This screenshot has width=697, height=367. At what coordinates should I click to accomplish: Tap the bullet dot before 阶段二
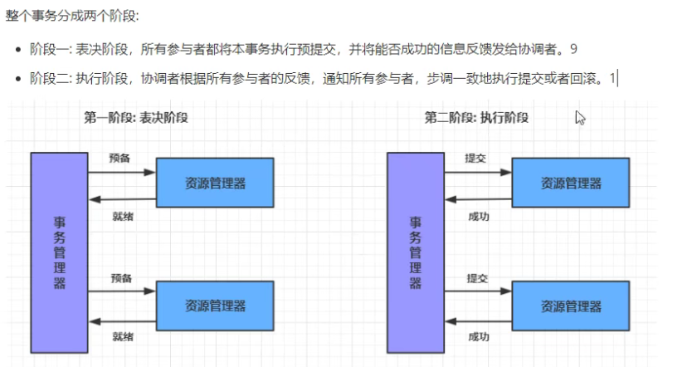pos(17,80)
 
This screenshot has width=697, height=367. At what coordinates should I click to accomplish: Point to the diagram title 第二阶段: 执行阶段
pos(476,118)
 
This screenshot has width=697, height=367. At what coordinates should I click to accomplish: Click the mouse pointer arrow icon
pos(580,118)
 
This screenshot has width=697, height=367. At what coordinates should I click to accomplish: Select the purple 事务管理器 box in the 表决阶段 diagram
pos(60,252)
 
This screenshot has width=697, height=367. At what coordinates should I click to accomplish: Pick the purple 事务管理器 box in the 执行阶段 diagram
pos(416,252)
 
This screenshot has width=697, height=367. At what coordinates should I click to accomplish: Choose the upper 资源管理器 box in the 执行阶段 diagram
pos(571,183)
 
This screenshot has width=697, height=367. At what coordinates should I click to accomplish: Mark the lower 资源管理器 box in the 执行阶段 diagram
pos(571,306)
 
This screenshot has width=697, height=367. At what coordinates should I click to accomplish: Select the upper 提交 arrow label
pos(476,158)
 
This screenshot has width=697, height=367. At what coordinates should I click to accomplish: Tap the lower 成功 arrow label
pos(479,337)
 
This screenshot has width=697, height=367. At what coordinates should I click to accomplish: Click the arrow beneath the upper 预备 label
pos(122,173)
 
